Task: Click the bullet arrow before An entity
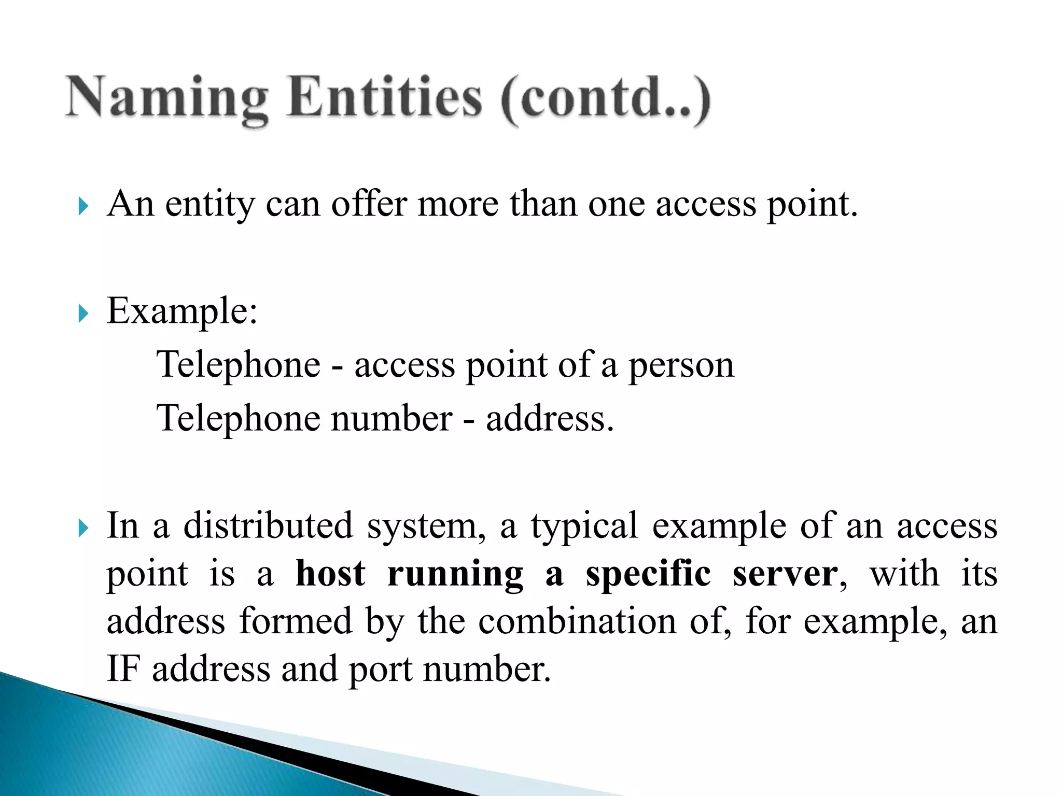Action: [x=83, y=206]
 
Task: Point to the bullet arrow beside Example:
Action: [x=83, y=314]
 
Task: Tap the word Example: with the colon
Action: [x=182, y=312]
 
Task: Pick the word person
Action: [x=681, y=366]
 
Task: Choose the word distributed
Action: [x=268, y=526]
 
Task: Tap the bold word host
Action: [x=330, y=574]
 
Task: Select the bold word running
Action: [x=455, y=575]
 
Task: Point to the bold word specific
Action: [x=648, y=575]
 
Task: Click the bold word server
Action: [x=785, y=575]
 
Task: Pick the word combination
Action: [x=577, y=622]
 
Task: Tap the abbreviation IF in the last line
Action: [x=123, y=669]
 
